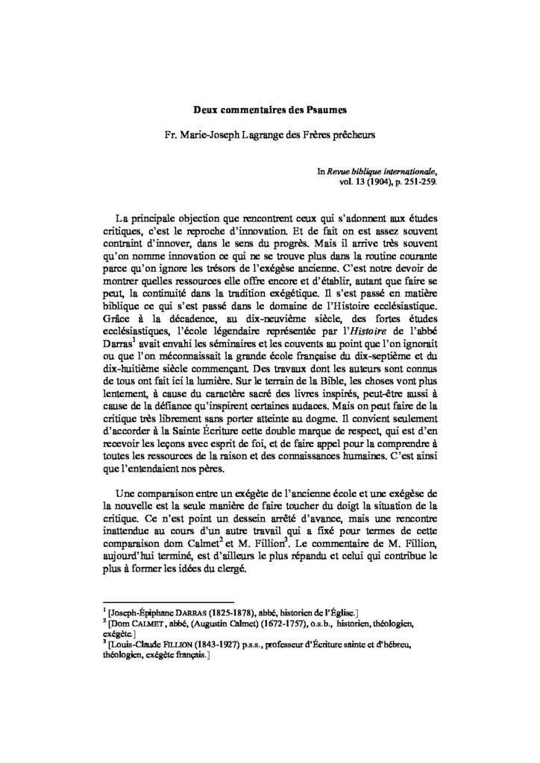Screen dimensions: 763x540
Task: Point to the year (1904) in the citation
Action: (383, 181)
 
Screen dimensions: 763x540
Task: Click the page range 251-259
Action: (420, 181)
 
